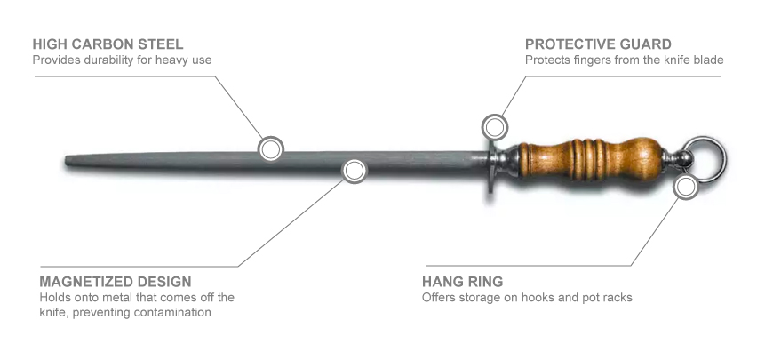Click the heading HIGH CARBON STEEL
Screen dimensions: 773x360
pyautogui.click(x=108, y=44)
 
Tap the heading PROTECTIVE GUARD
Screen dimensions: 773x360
pyautogui.click(x=598, y=44)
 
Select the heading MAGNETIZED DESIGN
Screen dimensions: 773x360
pyautogui.click(x=116, y=282)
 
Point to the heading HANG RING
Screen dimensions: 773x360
pyautogui.click(x=462, y=282)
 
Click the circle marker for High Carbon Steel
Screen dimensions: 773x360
pyautogui.click(x=271, y=148)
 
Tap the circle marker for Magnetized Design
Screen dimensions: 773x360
pyautogui.click(x=355, y=171)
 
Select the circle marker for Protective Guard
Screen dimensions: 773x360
pyautogui.click(x=495, y=127)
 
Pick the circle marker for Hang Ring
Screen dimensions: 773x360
pyautogui.click(x=686, y=187)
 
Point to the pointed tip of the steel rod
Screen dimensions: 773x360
pyautogui.click(x=66, y=161)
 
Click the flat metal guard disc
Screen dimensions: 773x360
pyautogui.click(x=490, y=167)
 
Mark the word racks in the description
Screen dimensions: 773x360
pyautogui.click(x=618, y=298)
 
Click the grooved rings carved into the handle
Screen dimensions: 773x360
pyautogui.click(x=586, y=159)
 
